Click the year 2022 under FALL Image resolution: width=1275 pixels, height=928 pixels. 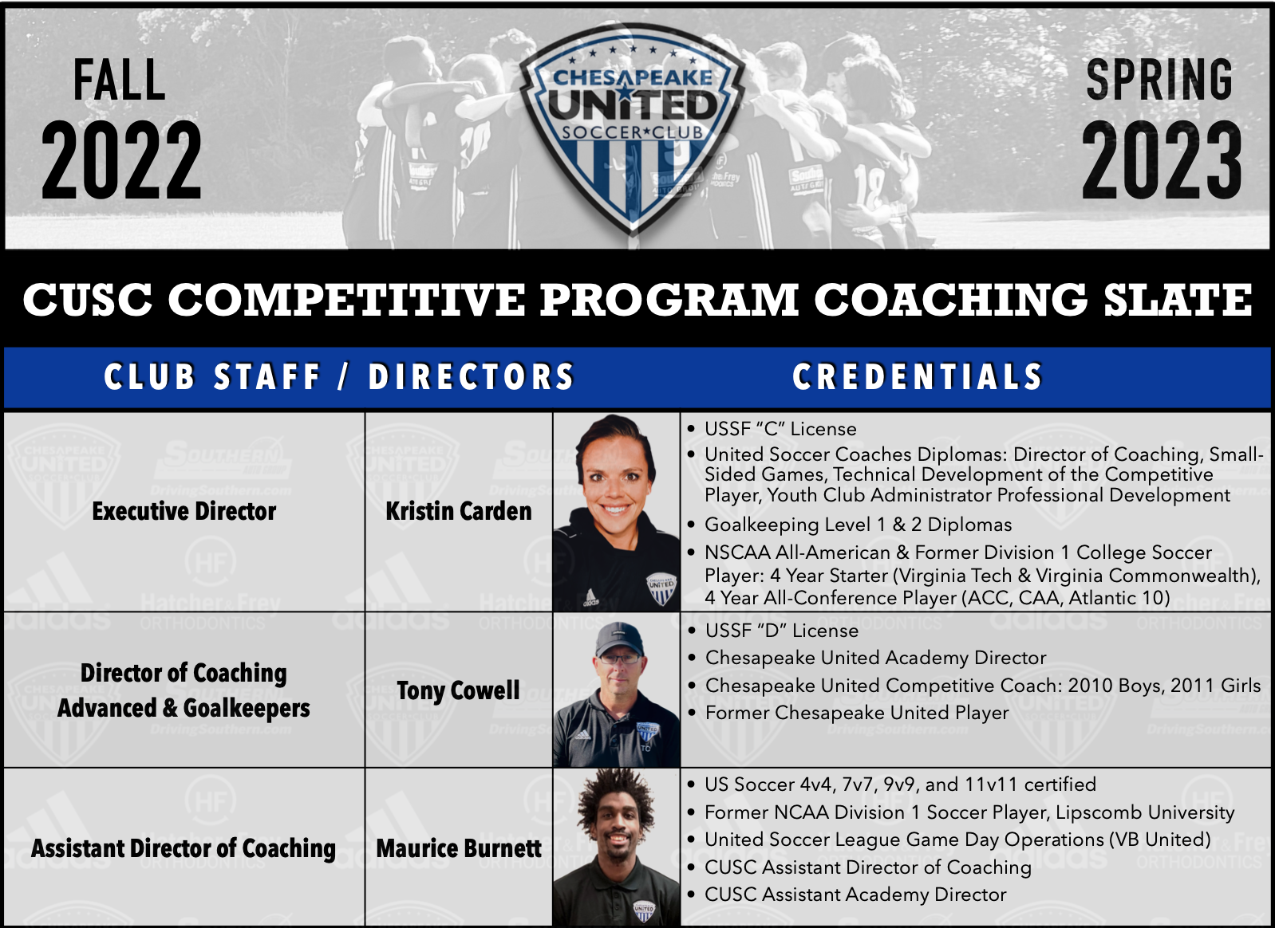point(121,159)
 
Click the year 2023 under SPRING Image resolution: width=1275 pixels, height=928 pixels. point(1161,159)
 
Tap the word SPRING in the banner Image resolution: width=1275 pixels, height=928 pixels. point(1159,80)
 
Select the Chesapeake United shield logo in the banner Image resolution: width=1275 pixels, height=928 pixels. point(632,128)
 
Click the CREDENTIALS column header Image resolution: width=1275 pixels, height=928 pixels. point(917,377)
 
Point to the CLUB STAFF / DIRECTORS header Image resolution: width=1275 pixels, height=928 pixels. point(338,377)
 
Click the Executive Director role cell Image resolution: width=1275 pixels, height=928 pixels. point(184,511)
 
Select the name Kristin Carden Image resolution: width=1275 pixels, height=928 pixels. point(459,511)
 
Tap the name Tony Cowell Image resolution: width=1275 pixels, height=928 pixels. point(458,691)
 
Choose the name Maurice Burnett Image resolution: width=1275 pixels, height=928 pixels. point(459,848)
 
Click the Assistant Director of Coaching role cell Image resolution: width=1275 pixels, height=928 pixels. point(184,848)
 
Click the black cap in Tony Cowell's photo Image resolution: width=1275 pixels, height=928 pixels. point(618,639)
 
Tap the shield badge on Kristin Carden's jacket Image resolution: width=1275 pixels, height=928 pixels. point(661,588)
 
